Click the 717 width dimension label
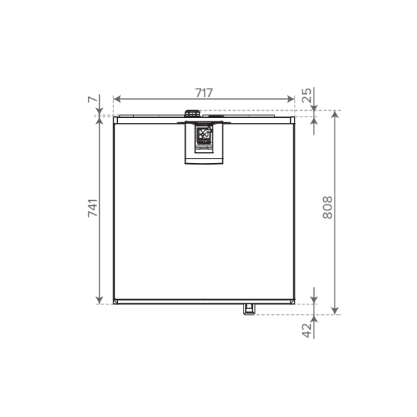click(204, 93)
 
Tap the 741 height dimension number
click(93, 208)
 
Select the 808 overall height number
click(328, 208)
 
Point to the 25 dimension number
click(307, 95)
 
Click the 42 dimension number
click(307, 331)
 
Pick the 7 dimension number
click(93, 100)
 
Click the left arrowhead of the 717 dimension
click(117, 99)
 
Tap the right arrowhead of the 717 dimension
click(291, 99)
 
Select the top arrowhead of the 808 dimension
click(335, 115)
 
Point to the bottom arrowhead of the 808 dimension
click(335, 311)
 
